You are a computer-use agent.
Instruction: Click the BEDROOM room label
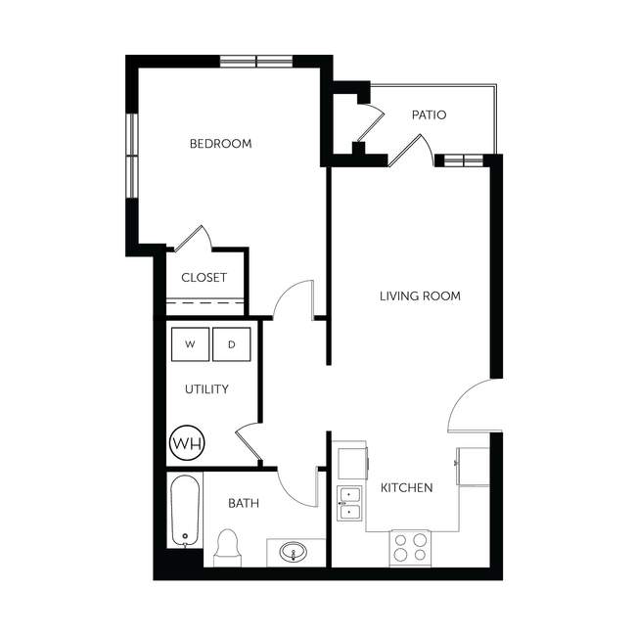click(x=220, y=144)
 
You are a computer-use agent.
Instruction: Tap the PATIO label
click(x=429, y=115)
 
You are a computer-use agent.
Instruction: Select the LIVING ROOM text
click(x=420, y=295)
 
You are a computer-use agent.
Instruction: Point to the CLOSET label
click(x=204, y=278)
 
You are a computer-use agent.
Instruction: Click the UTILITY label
click(x=206, y=389)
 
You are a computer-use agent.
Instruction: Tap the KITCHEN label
click(x=406, y=487)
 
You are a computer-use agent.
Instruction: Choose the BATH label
click(x=244, y=504)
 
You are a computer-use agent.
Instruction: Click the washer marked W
click(x=191, y=344)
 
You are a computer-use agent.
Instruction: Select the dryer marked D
click(x=232, y=344)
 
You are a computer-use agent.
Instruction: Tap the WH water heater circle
click(x=187, y=443)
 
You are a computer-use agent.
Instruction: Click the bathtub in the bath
click(x=184, y=511)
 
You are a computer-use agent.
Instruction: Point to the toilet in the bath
click(x=227, y=546)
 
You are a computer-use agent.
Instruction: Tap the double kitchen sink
click(x=348, y=501)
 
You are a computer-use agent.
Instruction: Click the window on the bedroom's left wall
click(x=130, y=154)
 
